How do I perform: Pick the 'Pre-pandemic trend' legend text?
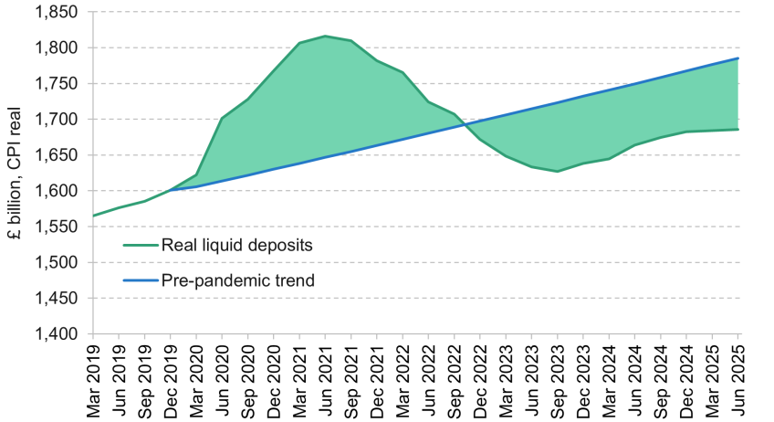[x=237, y=280]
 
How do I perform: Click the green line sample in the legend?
[x=139, y=245]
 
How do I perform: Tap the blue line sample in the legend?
[x=139, y=280]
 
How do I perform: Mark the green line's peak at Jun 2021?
[x=325, y=37]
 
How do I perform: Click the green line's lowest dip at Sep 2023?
[x=558, y=172]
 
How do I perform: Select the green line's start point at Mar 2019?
[x=93, y=216]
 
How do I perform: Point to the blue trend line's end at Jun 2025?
[x=738, y=58]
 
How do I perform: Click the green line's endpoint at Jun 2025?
[x=738, y=129]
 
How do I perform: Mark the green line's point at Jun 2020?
[x=222, y=118]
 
